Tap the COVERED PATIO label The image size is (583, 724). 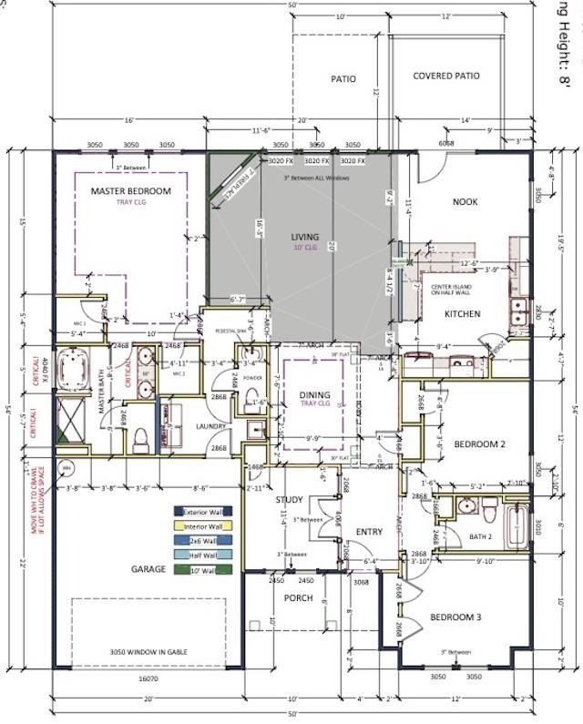pyautogui.click(x=446, y=76)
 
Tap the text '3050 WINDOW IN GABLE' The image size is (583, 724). pyautogui.click(x=148, y=653)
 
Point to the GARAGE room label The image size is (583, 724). pyautogui.click(x=148, y=569)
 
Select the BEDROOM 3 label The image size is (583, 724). pyautogui.click(x=455, y=618)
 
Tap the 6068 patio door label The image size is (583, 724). pyautogui.click(x=447, y=144)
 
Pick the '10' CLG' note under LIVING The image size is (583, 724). pyautogui.click(x=305, y=247)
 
